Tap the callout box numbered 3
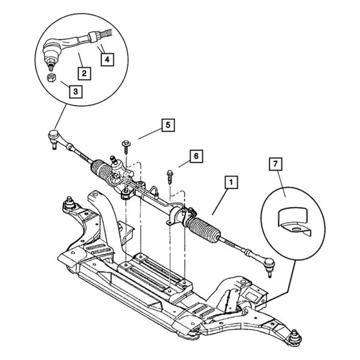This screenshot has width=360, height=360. tap(75, 91)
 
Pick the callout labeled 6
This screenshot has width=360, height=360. tap(196, 156)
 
